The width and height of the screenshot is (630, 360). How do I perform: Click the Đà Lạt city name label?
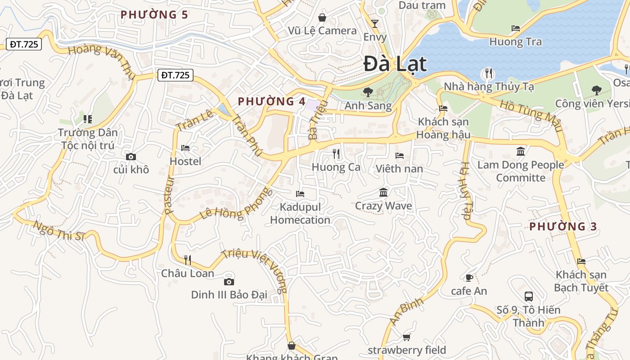pos(395,63)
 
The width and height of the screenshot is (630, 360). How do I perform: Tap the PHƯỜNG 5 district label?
pos(154,15)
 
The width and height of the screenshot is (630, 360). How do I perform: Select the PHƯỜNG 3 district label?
pos(563,227)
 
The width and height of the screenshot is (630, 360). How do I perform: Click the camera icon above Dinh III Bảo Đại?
pos(229,282)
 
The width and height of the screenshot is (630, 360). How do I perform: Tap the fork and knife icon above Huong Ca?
pos(336,154)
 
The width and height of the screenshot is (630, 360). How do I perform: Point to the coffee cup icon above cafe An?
pos(469,278)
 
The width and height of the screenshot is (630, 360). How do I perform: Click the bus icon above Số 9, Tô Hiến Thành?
pos(529,297)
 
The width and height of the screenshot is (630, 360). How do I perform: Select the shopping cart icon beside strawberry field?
pos(406,337)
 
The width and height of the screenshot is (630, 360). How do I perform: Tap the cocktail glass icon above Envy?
pos(374,24)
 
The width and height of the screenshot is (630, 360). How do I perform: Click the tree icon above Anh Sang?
pos(368,92)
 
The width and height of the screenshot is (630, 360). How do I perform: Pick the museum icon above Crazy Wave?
pos(383,193)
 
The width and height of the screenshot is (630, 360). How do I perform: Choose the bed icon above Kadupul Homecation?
pos(300,194)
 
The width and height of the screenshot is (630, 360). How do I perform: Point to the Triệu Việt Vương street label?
pos(261,270)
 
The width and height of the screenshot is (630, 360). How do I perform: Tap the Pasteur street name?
pos(169,194)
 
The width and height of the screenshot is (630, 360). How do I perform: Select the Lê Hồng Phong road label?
pos(236,205)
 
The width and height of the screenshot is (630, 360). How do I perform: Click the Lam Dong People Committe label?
pos(521,171)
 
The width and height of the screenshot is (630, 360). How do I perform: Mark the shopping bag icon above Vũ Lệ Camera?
pos(322,18)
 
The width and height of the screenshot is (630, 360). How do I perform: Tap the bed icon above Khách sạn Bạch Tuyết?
pos(581,261)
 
